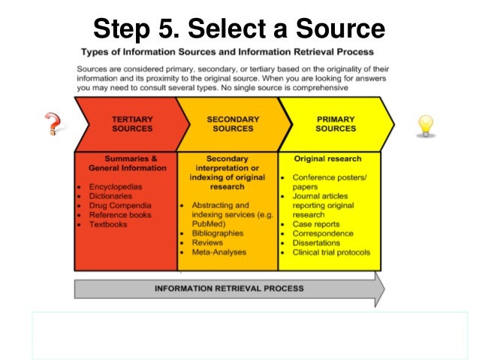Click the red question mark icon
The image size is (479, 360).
coord(52,123)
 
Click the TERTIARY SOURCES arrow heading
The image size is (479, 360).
coord(132,123)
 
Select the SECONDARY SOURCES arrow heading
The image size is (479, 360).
coord(233,123)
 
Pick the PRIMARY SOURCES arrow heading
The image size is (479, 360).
coord(336,123)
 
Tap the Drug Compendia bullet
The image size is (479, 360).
coord(120,205)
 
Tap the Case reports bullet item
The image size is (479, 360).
coord(316,224)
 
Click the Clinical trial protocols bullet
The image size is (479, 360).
coord(330,253)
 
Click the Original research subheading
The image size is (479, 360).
coord(327,159)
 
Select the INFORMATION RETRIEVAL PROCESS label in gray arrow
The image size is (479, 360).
coord(228,288)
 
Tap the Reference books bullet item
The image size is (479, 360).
coord(120,215)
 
